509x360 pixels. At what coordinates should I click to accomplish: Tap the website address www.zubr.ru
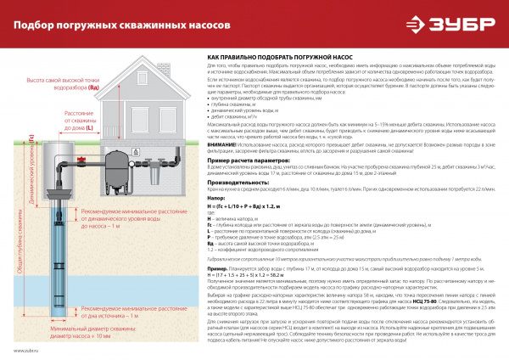26,350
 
